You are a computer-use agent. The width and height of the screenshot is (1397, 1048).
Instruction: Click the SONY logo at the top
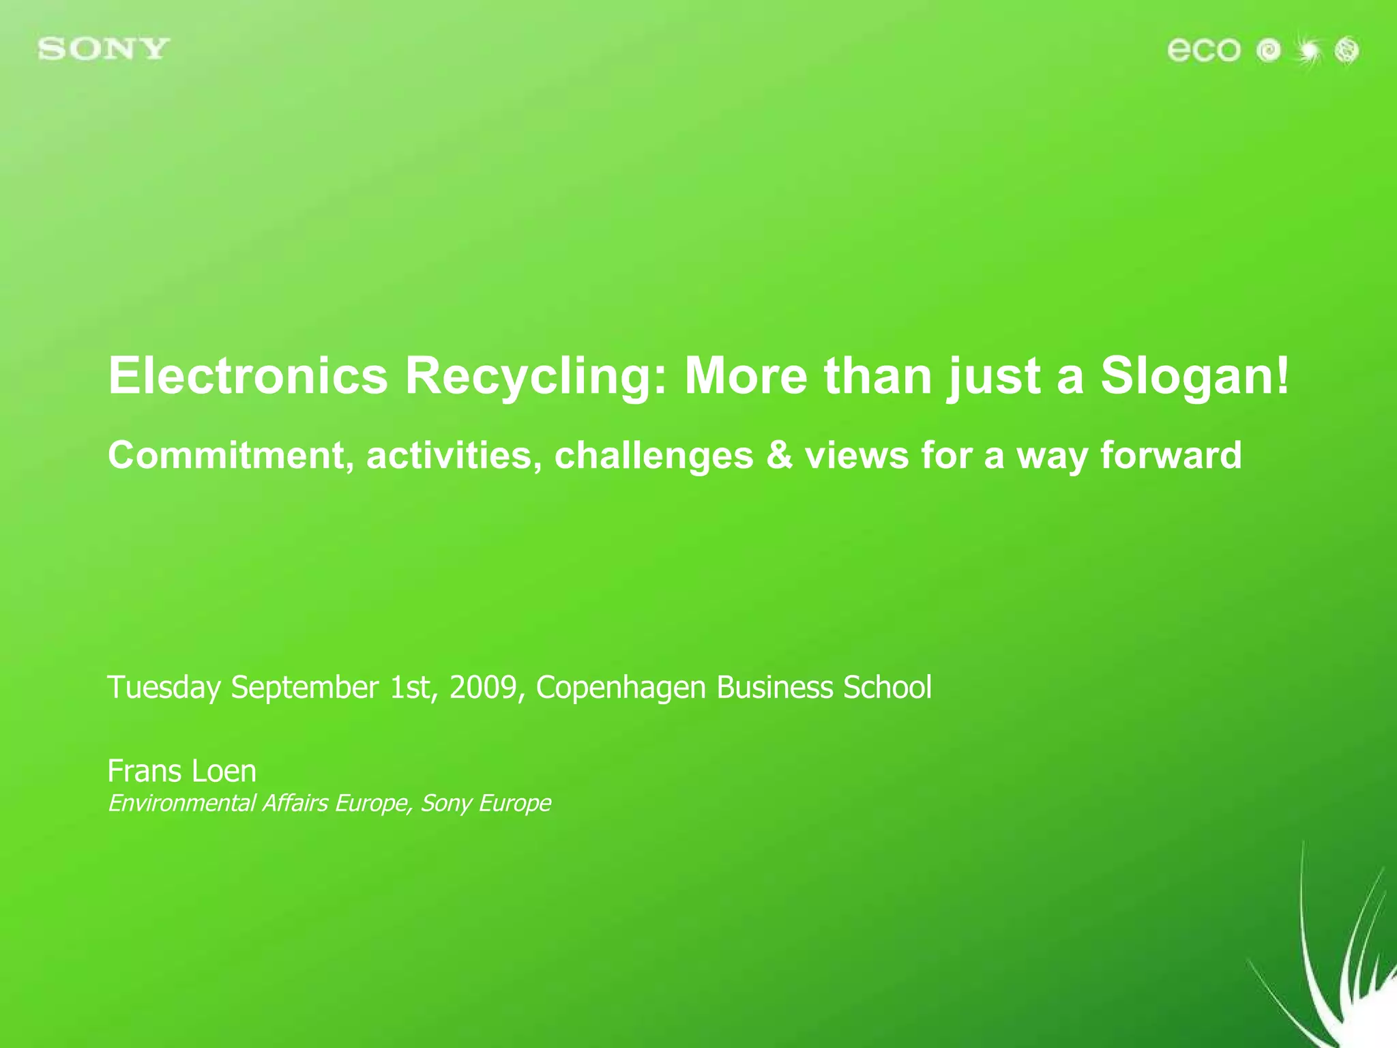coord(104,50)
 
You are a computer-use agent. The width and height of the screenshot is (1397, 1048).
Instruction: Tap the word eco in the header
coord(1203,50)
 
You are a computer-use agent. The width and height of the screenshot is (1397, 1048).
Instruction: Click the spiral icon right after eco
coord(1269,50)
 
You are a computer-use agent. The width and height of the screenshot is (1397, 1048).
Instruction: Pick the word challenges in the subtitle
coord(653,455)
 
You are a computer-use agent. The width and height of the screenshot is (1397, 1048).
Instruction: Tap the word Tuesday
coord(164,687)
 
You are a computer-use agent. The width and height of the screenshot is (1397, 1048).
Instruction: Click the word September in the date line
coord(304,687)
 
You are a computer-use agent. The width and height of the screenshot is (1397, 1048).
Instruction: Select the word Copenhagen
coord(621,687)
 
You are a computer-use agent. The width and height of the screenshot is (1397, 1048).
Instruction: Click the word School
coord(887,687)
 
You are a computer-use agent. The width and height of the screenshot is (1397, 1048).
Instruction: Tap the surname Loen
coord(224,772)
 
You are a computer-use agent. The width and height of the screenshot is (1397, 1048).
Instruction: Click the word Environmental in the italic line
coord(181,803)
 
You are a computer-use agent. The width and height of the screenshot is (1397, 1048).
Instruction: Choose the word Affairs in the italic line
coord(295,803)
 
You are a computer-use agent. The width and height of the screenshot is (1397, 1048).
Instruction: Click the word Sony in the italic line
coord(445,803)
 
